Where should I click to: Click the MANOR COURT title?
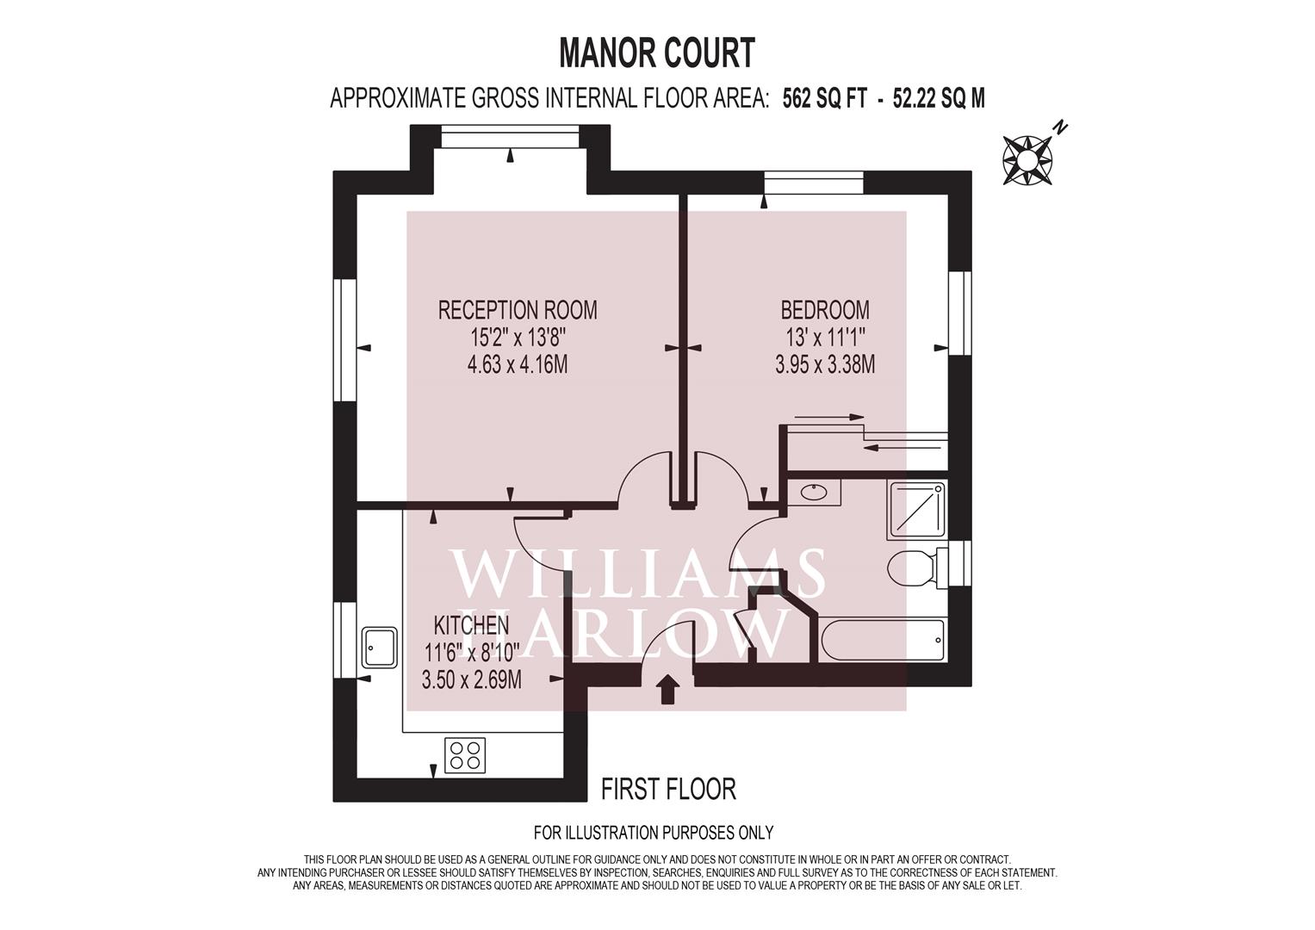(x=657, y=53)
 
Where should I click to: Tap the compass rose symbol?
(x=1028, y=159)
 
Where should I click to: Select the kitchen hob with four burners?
(x=465, y=754)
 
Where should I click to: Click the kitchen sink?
(x=379, y=647)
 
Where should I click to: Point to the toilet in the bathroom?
(x=917, y=567)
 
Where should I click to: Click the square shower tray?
(x=917, y=510)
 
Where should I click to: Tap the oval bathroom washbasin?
(x=814, y=492)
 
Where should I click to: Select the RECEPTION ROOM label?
(x=518, y=310)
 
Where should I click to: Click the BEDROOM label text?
(x=825, y=309)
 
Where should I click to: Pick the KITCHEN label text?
(x=471, y=625)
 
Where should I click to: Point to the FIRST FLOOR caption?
(x=668, y=790)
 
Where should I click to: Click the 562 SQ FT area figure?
(x=824, y=99)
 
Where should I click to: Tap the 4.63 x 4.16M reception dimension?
(x=518, y=365)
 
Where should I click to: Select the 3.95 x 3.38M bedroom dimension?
(x=825, y=365)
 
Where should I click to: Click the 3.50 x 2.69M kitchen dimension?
(x=471, y=680)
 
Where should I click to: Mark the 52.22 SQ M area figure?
(x=939, y=99)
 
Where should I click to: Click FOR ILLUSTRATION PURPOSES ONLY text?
(x=654, y=833)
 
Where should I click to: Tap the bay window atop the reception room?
(x=510, y=136)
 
